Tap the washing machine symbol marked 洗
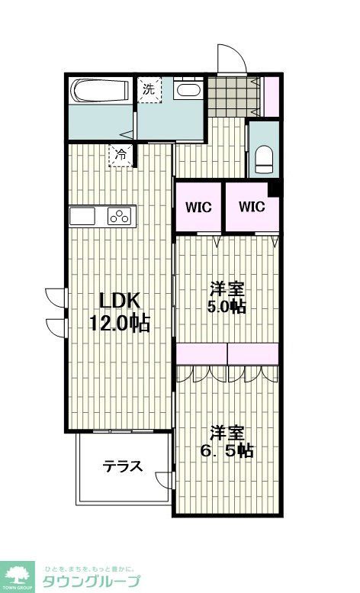(149, 89)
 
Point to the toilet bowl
(265, 158)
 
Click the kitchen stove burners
(121, 217)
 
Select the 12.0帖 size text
(117, 323)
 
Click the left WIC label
(198, 207)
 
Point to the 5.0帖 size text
(227, 307)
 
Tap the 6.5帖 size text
(227, 450)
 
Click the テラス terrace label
(123, 466)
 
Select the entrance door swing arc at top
(231, 60)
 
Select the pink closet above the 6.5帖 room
(227, 353)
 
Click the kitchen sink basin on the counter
(84, 217)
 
